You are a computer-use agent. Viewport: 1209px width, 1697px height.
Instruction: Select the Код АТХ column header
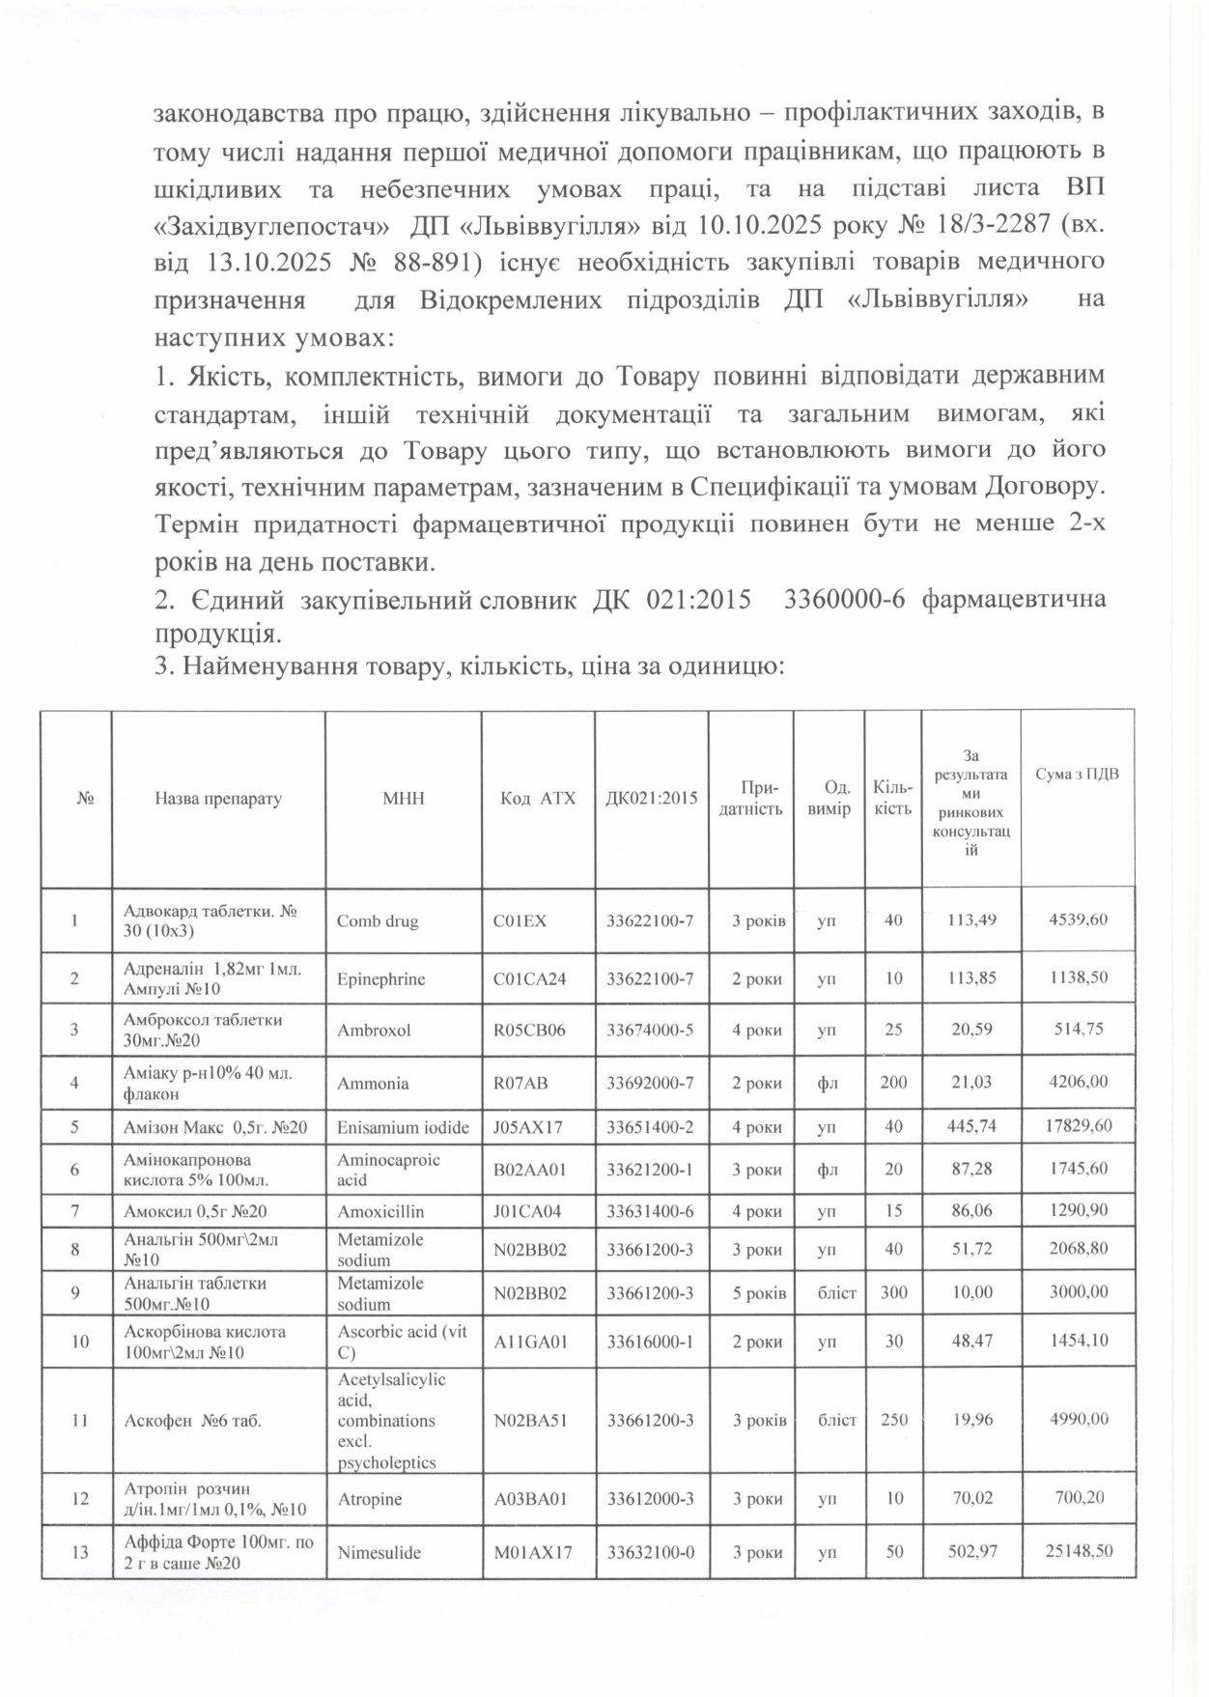pyautogui.click(x=537, y=799)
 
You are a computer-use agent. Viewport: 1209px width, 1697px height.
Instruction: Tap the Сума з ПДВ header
pyautogui.click(x=1077, y=774)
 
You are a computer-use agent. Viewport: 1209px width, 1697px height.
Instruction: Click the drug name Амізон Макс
pyautogui.click(x=215, y=1127)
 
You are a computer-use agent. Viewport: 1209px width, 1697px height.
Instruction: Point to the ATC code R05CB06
pyautogui.click(x=529, y=1030)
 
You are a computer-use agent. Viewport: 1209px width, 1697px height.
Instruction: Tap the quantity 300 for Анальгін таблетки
pyautogui.click(x=893, y=1291)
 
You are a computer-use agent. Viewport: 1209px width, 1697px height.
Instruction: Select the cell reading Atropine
pyautogui.click(x=370, y=1499)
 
